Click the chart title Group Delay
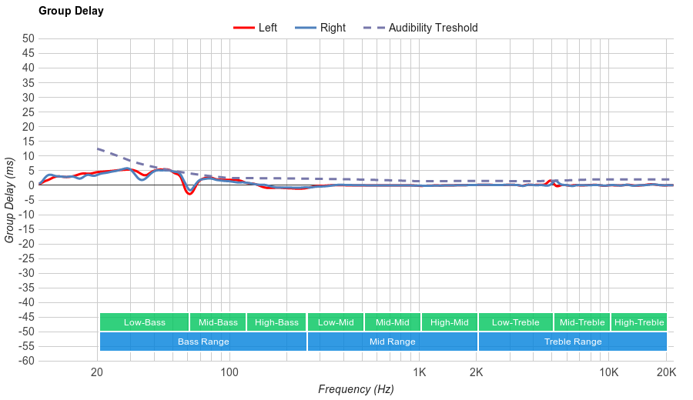[x=71, y=12]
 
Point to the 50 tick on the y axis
[x=28, y=38]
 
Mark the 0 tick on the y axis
[x=31, y=185]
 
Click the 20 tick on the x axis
[x=97, y=373]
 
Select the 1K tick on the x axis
[x=419, y=373]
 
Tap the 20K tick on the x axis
[x=666, y=373]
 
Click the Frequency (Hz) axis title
[x=356, y=389]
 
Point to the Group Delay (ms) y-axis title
[x=10, y=200]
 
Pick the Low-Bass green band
[x=144, y=322]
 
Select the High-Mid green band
[x=449, y=322]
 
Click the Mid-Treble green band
[x=581, y=322]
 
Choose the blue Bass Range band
[x=203, y=342]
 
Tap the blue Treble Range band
[x=572, y=342]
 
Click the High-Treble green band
[x=639, y=322]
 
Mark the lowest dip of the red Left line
[x=189, y=194]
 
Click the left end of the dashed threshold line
[x=98, y=148]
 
